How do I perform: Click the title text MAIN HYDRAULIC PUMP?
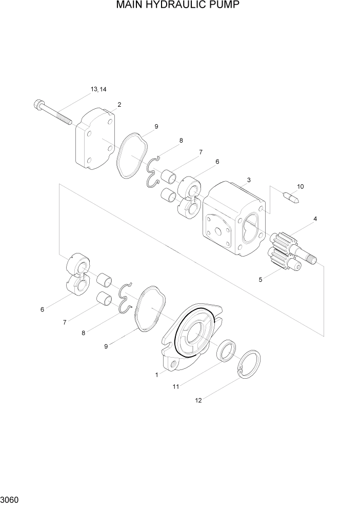point(178,6)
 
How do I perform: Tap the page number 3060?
point(10,499)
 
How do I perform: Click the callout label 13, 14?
point(98,89)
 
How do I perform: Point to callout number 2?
point(119,105)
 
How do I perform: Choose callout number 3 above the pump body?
point(248,180)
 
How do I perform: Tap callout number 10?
point(300,186)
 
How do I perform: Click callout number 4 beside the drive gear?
point(315,219)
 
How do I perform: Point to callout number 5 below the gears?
point(261,280)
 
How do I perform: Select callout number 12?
point(198,400)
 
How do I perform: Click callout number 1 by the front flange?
point(156,375)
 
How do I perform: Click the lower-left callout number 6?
point(42,309)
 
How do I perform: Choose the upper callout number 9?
point(156,126)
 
